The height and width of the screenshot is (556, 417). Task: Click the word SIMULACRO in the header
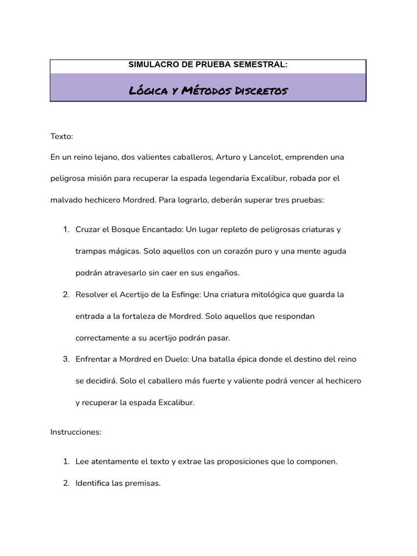(x=148, y=65)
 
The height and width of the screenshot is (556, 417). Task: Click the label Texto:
(x=61, y=136)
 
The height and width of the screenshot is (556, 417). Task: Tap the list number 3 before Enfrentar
(x=65, y=359)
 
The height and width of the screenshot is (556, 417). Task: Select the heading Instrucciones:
(x=76, y=432)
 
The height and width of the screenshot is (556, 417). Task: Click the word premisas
(x=142, y=483)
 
